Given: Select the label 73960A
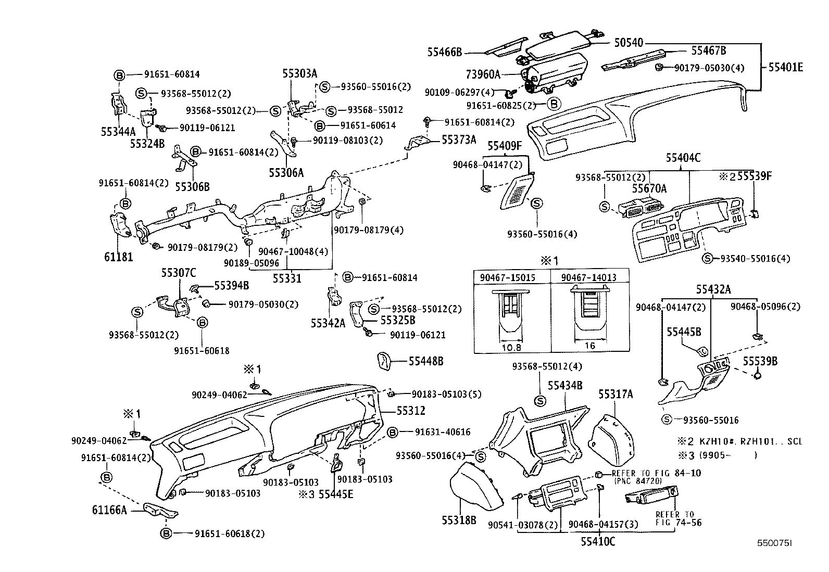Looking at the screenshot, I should coord(483,74).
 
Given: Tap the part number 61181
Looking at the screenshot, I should coord(118,257).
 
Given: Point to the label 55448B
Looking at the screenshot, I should coord(425,361).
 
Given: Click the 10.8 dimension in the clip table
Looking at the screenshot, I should coord(512,347).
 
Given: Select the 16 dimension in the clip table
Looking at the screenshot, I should coord(590,345).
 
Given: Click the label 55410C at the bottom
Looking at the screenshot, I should coord(598,542).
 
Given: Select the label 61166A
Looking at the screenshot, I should coord(110,511).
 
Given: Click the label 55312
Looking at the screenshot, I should coord(411,411).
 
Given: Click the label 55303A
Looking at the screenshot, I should coord(299,73).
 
